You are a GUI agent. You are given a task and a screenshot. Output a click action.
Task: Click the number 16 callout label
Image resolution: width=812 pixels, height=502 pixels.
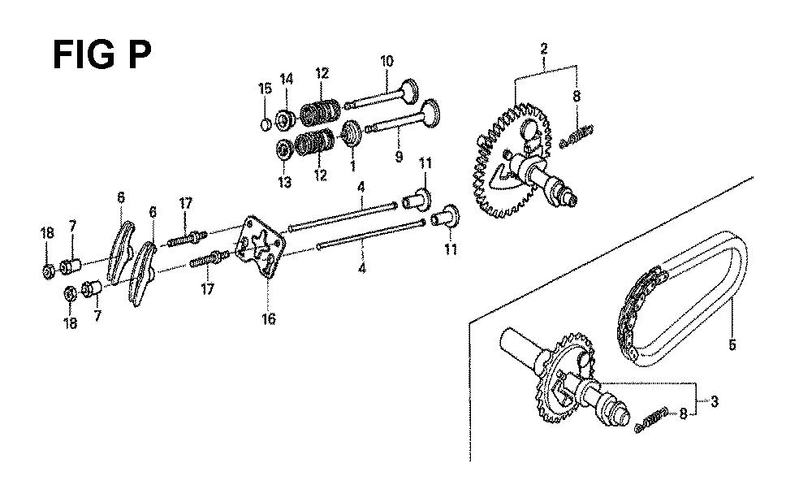(x=268, y=318)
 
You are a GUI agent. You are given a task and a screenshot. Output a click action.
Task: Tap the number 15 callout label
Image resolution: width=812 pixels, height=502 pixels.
(x=266, y=89)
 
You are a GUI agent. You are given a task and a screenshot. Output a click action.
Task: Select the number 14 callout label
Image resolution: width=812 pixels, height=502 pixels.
(x=287, y=79)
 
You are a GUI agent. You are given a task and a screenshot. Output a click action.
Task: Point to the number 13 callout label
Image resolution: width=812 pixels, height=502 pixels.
(x=285, y=182)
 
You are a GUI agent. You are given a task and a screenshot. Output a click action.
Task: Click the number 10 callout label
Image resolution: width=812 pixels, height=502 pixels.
(x=387, y=61)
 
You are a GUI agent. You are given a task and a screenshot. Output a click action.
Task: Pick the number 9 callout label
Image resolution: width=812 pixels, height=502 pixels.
(x=399, y=155)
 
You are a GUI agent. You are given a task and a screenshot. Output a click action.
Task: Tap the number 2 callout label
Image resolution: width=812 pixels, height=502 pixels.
(x=544, y=50)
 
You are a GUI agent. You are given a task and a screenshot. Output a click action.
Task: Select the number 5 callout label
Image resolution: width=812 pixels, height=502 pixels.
(x=732, y=344)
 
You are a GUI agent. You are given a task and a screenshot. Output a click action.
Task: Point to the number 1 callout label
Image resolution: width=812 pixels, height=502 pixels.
(x=353, y=167)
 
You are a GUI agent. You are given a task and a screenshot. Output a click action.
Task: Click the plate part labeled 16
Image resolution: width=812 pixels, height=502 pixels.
(x=260, y=247)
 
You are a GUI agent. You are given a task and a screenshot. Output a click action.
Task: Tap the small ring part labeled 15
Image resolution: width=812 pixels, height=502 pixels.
(x=265, y=124)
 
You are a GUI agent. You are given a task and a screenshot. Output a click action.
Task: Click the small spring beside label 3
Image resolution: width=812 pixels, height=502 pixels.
(x=651, y=420)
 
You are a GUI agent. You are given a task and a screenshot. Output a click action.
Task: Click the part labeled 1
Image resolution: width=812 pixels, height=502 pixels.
(x=352, y=132)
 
